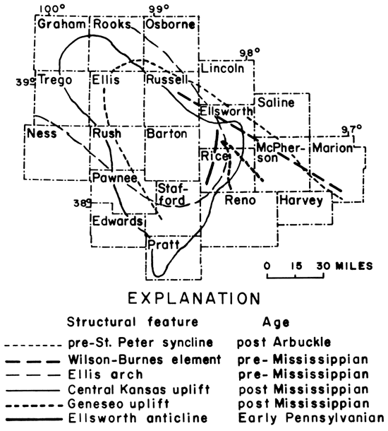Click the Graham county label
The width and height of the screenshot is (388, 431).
coord(62,25)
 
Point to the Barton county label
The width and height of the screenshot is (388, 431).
coord(165,134)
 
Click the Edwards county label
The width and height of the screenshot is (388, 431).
coord(117,221)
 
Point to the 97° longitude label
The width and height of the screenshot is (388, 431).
coord(353,129)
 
